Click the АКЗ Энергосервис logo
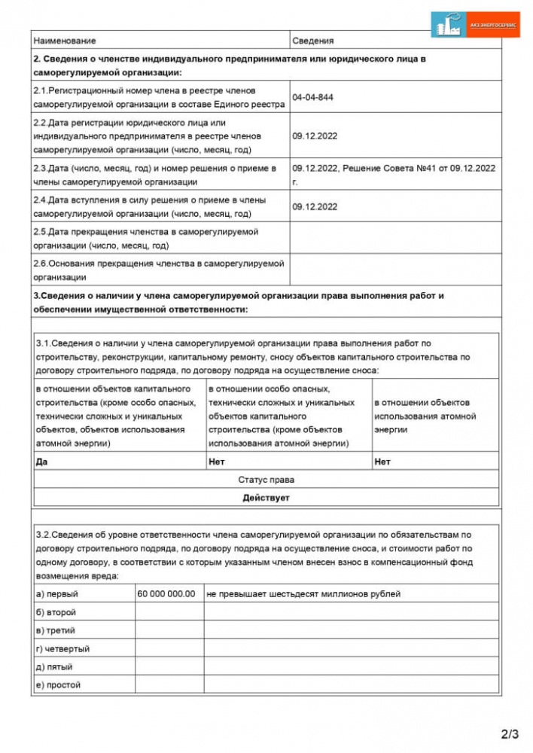[x=476, y=25]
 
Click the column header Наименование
[x=65, y=41]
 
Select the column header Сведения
[x=312, y=41]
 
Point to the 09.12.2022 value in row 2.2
[x=315, y=136]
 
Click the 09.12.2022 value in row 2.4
[x=315, y=206]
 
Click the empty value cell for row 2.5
[x=395, y=238]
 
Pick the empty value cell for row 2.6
[x=395, y=270]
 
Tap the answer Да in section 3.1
[x=41, y=462]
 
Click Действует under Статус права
[x=266, y=498]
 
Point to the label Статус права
[x=266, y=480]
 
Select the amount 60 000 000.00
[x=166, y=594]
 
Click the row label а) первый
[x=57, y=594]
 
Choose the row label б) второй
[x=56, y=612]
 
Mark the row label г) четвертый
[x=63, y=648]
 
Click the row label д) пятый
[x=54, y=666]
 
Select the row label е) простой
[x=59, y=684]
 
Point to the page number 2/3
[x=510, y=733]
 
